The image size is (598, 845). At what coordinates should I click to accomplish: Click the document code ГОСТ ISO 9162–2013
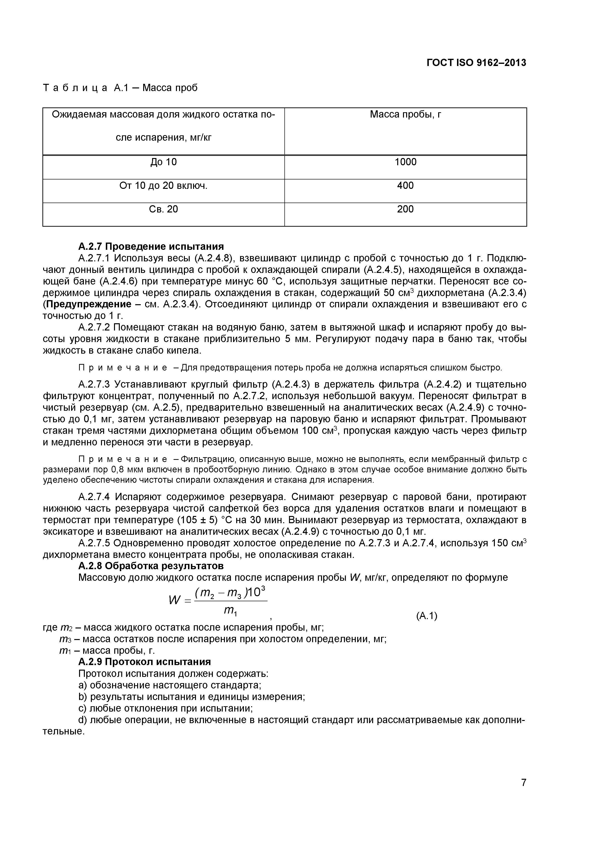(476, 63)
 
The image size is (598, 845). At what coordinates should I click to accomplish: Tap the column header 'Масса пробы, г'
(405, 115)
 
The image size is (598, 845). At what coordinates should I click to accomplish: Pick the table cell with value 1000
(405, 162)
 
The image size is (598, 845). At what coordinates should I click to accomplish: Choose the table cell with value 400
(405, 186)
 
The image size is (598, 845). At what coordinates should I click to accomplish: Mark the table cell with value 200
(405, 209)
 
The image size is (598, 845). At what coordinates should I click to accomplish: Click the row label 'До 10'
(163, 162)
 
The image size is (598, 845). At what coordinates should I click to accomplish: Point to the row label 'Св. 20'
(163, 209)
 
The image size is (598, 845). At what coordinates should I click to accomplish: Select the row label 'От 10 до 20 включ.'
(163, 186)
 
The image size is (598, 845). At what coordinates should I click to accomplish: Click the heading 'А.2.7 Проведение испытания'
(151, 246)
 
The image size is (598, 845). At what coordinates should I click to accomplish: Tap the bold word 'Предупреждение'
(88, 304)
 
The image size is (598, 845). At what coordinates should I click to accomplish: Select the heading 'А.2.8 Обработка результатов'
(151, 566)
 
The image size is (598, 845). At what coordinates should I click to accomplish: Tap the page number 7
(524, 793)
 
